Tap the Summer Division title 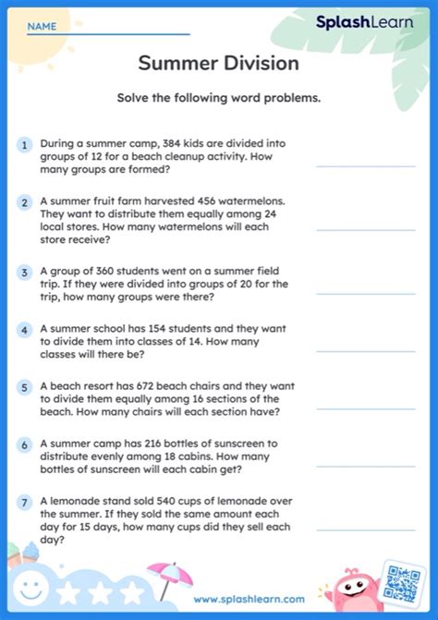[218, 64]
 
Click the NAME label [42, 27]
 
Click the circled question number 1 [23, 145]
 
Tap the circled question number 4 [23, 329]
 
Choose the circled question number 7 [23, 501]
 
